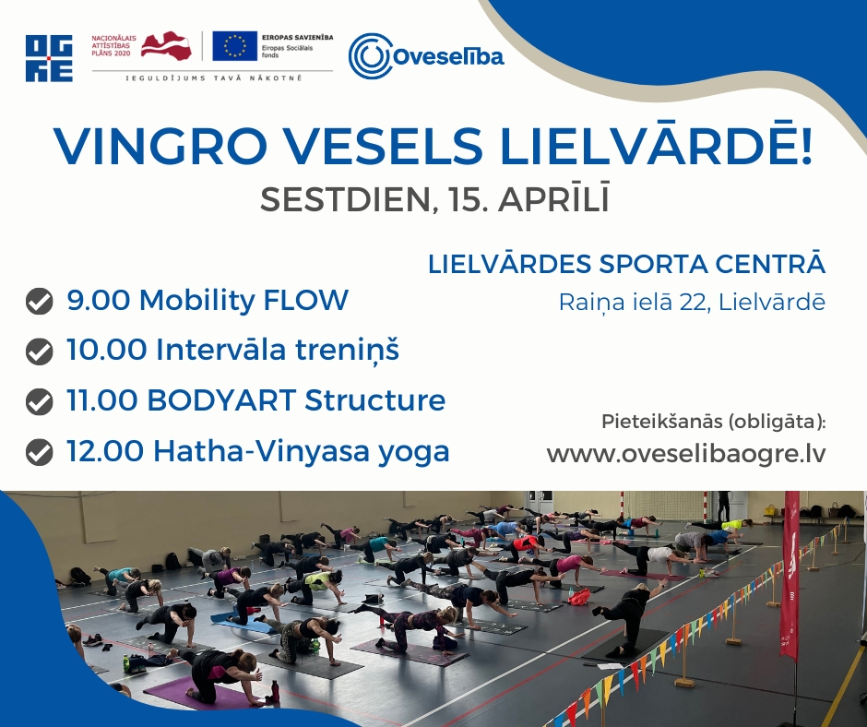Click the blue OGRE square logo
(x=49, y=58)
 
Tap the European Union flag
(x=234, y=45)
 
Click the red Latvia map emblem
(x=166, y=45)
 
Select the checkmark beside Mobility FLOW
(x=40, y=302)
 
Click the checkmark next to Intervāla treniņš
(x=40, y=352)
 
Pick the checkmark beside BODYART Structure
(x=40, y=401)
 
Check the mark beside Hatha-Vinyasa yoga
(x=40, y=451)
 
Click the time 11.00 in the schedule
(x=101, y=400)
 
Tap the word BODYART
(x=221, y=400)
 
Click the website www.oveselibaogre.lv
(x=686, y=455)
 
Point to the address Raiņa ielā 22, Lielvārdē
(x=692, y=302)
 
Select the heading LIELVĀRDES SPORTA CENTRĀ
(x=627, y=265)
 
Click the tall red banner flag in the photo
(x=790, y=576)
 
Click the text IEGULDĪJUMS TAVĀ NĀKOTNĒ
(x=214, y=78)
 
